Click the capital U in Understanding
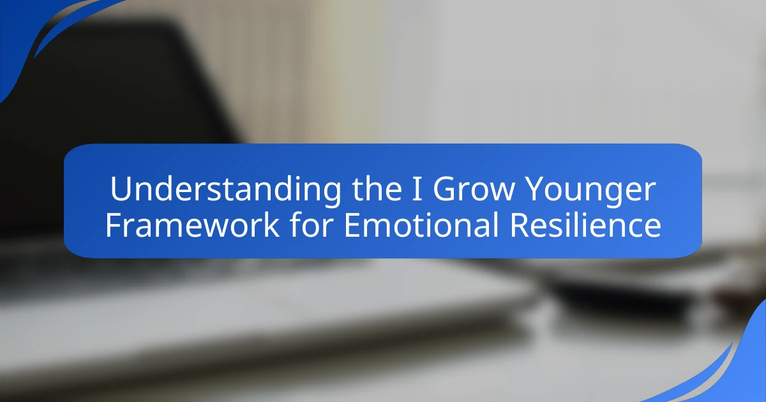pos(121,190)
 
